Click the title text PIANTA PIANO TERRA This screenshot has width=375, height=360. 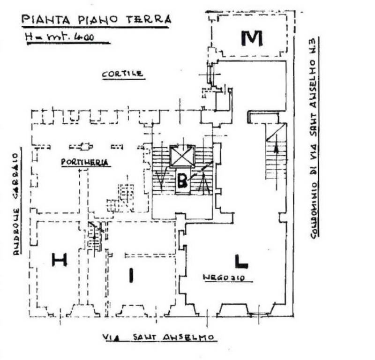point(96,20)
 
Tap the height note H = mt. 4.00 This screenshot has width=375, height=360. point(65,37)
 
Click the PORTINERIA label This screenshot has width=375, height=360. point(85,162)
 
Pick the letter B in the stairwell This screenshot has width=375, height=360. point(182,180)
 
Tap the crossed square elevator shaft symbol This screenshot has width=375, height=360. point(182,156)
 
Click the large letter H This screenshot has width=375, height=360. point(59,259)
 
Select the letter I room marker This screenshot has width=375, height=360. point(132,275)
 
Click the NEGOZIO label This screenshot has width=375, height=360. point(227,277)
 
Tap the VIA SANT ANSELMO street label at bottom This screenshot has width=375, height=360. point(158,337)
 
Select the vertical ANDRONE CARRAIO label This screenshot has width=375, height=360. point(16,203)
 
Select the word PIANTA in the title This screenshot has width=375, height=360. point(44,20)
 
